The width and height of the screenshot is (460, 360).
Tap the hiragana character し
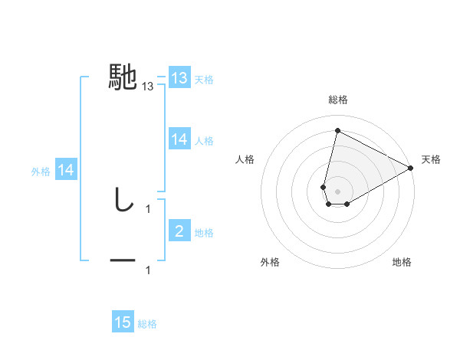pyautogui.click(x=123, y=200)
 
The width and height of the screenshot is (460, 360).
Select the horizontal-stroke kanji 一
pyautogui.click(x=123, y=261)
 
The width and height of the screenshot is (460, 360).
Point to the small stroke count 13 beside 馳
pyautogui.click(x=148, y=87)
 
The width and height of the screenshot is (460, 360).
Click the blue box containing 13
pyautogui.click(x=179, y=78)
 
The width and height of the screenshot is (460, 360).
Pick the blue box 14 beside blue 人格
pyautogui.click(x=179, y=139)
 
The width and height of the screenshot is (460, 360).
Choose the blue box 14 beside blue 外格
pyautogui.click(x=66, y=170)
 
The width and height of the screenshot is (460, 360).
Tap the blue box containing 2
pyautogui.click(x=179, y=231)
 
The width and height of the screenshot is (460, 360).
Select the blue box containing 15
pyautogui.click(x=123, y=322)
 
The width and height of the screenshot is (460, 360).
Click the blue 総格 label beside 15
pyautogui.click(x=147, y=324)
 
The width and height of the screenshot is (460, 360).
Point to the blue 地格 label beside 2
pyautogui.click(x=204, y=233)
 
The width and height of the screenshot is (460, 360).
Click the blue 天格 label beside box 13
pyautogui.click(x=204, y=80)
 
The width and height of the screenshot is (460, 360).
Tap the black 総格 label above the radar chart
pyautogui.click(x=337, y=100)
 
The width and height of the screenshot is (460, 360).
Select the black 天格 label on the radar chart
pyautogui.click(x=431, y=159)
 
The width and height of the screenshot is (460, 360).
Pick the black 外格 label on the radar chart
pyautogui.click(x=270, y=262)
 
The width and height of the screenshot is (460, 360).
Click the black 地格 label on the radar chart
pyautogui.click(x=402, y=262)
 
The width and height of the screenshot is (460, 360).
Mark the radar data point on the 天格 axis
pyautogui.click(x=411, y=168)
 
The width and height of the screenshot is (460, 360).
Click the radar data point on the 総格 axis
pyautogui.click(x=337, y=129)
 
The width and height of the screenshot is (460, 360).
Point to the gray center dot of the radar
pyautogui.click(x=337, y=191)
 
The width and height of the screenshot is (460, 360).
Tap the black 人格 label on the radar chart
pyautogui.click(x=245, y=159)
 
